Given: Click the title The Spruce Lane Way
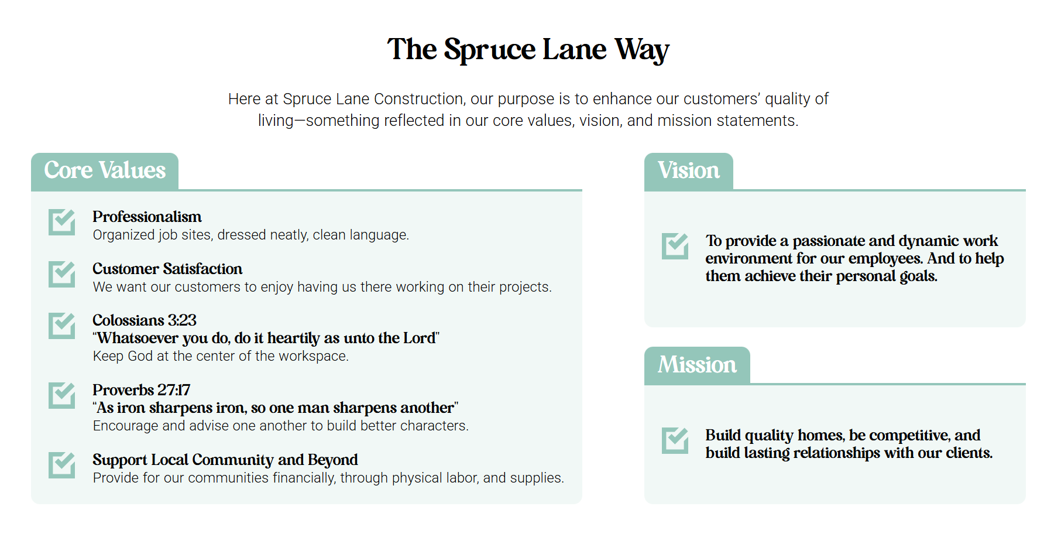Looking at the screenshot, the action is coord(528,49).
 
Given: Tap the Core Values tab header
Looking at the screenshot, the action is coord(105,171).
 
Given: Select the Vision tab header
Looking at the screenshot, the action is coord(688,171).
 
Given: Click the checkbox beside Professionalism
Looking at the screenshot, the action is coord(61,222).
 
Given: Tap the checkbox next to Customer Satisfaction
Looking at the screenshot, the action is coord(61,274).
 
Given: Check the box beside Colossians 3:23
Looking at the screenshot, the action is coord(61,326).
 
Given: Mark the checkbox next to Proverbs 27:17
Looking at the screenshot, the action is coord(61,395).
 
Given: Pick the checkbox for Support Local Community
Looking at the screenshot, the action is coord(61,465).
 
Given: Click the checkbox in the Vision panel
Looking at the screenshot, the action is coord(675,246).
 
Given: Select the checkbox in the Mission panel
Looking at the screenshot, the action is coord(675,440).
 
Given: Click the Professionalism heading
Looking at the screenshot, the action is coord(147,217).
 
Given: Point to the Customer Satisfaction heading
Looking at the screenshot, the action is coord(167,269).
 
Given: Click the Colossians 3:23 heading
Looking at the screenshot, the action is coord(145,320).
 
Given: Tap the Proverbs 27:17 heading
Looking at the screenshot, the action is coord(142,390).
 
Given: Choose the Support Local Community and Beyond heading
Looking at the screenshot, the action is coord(225,460).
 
